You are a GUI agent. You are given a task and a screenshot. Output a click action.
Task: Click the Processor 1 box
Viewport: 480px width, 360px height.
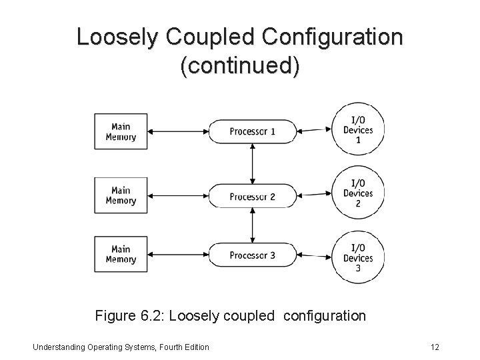252,131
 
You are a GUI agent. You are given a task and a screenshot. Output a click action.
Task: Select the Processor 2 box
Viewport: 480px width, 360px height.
252,196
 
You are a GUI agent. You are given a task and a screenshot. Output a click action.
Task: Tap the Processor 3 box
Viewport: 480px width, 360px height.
252,255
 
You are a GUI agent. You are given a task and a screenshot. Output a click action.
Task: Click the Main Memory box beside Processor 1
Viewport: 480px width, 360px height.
121,131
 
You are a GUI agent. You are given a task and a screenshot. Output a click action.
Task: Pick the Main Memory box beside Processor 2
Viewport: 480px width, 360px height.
121,195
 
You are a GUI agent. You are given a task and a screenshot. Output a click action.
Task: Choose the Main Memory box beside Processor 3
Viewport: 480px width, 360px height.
121,254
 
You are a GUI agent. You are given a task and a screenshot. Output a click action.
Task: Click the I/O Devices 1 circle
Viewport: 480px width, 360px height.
358,129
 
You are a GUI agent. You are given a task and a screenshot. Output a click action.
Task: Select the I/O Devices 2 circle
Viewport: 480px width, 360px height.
358,193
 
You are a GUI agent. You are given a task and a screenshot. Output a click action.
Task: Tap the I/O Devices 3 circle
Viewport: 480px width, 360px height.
358,257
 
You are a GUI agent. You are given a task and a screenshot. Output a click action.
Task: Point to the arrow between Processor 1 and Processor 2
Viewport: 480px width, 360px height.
252,163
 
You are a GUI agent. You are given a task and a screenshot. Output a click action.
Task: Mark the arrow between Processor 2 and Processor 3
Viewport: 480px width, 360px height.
252,225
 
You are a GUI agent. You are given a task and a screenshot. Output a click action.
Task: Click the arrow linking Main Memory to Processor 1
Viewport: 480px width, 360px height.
179,131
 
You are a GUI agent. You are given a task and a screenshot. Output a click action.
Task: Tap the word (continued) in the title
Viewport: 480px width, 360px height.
240,67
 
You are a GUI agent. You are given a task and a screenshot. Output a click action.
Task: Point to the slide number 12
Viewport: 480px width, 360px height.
435,347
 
